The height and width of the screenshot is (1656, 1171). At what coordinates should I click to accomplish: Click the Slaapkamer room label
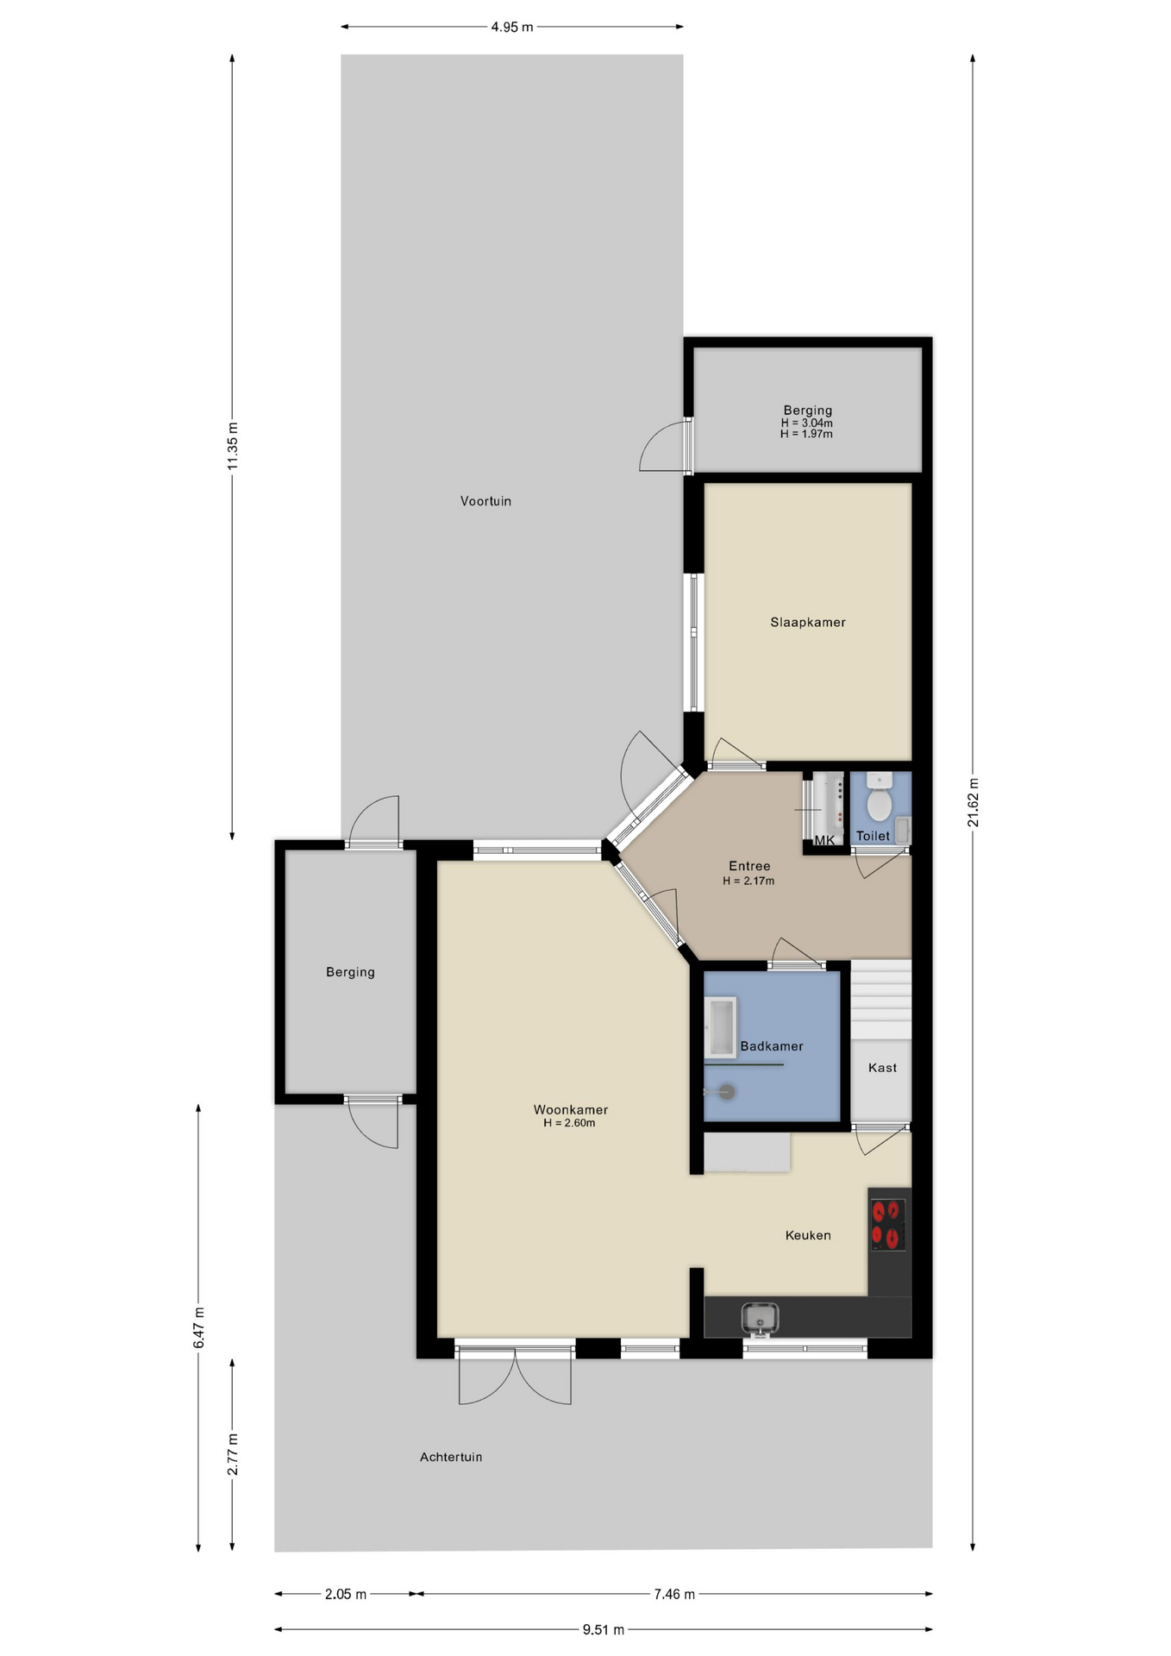coord(807,622)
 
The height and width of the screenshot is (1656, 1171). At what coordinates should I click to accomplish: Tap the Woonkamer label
coord(571,1109)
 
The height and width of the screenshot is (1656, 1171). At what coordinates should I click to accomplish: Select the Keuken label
coord(808,1235)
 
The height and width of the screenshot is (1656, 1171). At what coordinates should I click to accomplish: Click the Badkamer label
coord(772,1046)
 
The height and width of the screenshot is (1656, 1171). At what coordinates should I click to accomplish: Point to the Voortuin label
coord(485,501)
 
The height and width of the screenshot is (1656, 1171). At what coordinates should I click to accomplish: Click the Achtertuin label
coord(451,1457)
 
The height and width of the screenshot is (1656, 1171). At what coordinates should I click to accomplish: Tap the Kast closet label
coord(882,1068)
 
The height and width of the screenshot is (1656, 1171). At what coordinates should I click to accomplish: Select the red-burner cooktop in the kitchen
coord(886,1225)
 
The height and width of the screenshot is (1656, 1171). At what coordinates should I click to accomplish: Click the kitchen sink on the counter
coord(760,1317)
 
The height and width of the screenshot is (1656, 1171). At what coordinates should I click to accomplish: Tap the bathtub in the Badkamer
coord(720,1027)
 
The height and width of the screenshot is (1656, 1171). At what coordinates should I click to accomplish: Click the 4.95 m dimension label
coord(512,27)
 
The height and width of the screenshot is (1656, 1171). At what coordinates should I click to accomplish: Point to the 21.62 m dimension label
coord(973,802)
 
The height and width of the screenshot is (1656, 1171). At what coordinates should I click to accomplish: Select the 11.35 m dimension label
coord(233,446)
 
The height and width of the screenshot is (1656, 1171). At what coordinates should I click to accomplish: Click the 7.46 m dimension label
coord(674,1594)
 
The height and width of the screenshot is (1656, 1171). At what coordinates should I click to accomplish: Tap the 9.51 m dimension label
coord(603,1629)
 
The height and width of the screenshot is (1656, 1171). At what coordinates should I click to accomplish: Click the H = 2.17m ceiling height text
coord(748,881)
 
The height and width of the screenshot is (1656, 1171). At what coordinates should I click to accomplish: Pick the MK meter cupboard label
coord(824,840)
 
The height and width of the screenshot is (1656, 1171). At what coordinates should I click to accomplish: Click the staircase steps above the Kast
coord(881,1000)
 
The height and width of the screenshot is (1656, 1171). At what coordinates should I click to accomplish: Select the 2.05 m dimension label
coord(346,1594)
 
